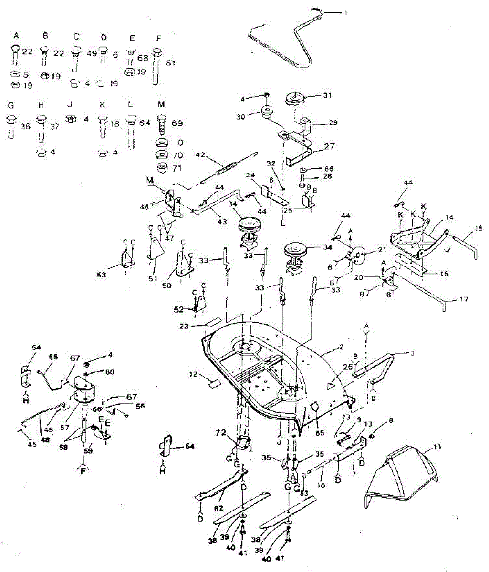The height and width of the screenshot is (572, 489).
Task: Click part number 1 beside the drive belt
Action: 346,13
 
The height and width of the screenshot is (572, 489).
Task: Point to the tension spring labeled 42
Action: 227,169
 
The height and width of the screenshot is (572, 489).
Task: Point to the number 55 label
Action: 53,357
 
